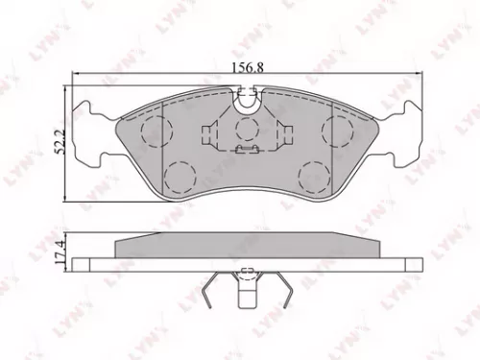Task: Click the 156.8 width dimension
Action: click(x=247, y=68)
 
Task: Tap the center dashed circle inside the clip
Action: click(x=247, y=130)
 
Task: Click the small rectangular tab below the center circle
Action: click(x=247, y=151)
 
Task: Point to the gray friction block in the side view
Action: click(x=247, y=246)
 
